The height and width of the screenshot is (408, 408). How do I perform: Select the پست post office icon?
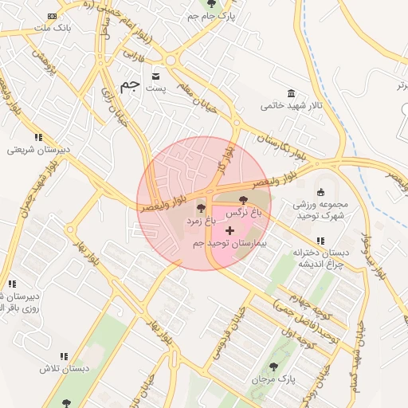(x=155, y=76)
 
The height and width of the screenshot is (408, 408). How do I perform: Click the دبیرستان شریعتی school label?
(x=40, y=150)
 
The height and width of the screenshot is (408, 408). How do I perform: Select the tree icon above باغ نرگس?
(x=244, y=202)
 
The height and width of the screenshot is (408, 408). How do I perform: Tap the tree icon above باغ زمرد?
(x=200, y=209)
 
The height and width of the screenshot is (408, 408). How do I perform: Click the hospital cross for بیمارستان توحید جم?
(x=230, y=230)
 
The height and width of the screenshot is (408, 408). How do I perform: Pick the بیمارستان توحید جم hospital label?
(x=234, y=242)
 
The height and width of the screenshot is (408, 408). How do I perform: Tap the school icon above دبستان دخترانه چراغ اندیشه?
(x=320, y=241)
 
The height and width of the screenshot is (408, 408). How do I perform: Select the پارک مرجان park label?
(x=273, y=379)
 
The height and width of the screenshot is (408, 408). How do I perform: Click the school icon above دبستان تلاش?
(x=62, y=356)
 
